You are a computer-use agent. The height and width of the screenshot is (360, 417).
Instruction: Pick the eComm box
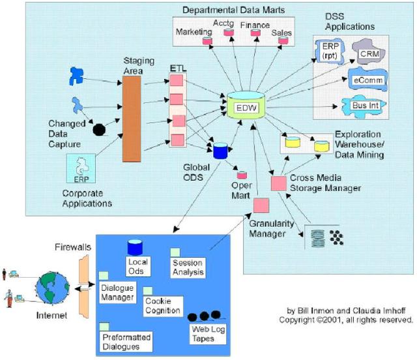367,80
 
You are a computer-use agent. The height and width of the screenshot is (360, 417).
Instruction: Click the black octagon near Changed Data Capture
99,128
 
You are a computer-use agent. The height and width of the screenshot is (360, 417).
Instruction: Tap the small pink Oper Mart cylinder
241,176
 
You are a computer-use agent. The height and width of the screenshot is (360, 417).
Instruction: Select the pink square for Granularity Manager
262,205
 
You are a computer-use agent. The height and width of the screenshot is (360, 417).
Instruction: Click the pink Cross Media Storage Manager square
278,184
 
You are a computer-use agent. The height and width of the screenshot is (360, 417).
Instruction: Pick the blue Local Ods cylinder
135,248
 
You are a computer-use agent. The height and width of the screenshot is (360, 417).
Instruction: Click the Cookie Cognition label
161,305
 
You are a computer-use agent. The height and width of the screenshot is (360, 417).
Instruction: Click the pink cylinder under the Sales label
283,40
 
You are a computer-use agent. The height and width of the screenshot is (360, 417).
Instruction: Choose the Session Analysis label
188,267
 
